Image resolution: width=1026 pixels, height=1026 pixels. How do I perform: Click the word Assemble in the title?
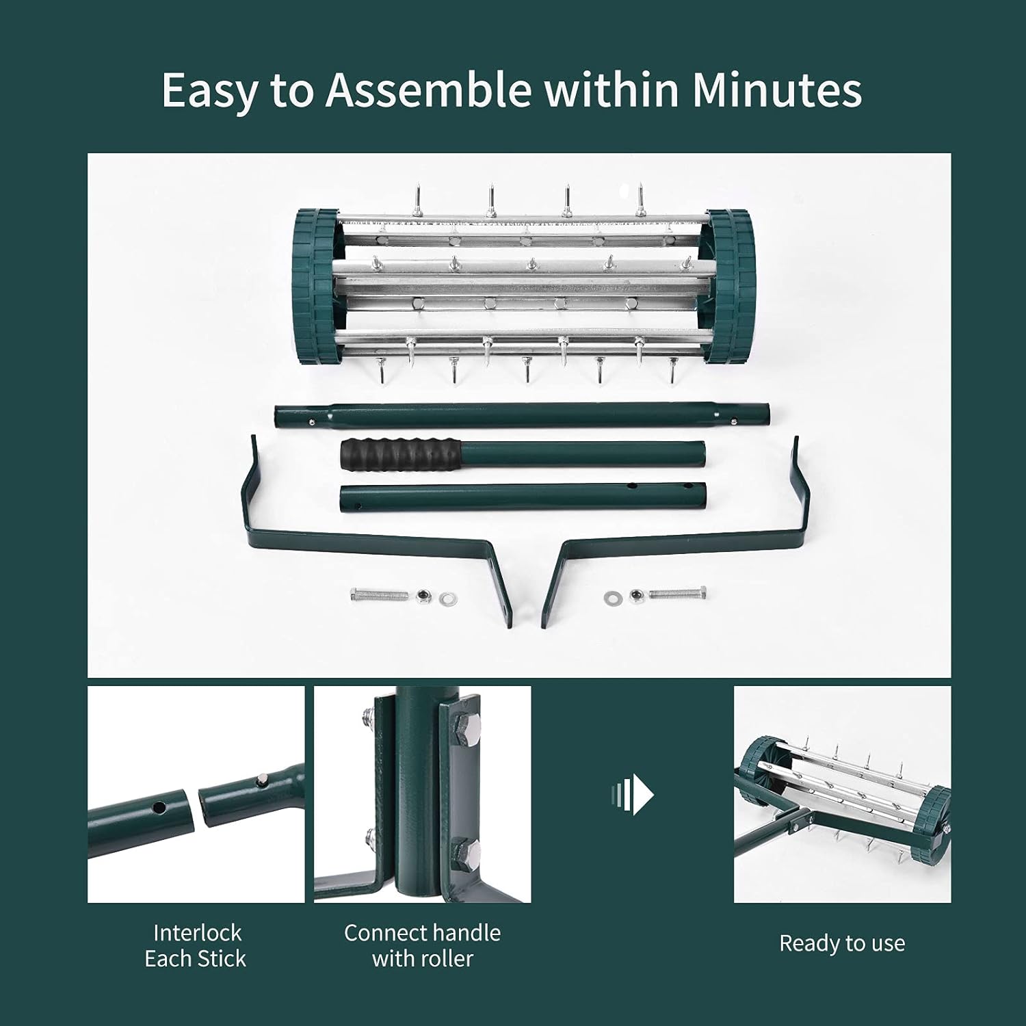(428, 90)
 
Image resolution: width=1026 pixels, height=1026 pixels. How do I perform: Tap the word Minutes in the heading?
(777, 90)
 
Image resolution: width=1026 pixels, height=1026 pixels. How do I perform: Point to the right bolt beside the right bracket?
(678, 594)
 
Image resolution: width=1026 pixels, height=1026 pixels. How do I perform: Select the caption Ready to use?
(842, 943)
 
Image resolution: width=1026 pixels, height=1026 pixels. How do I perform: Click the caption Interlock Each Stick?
(196, 945)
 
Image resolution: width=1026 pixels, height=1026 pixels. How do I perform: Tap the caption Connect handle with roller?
(422, 945)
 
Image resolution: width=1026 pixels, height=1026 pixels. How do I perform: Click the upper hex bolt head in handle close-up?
(467, 725)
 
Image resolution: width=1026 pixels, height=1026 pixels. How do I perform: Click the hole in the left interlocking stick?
(158, 808)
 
